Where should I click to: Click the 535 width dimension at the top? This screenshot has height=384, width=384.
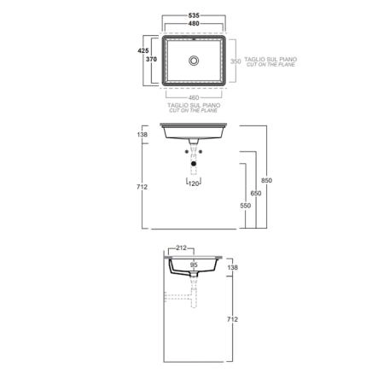click(x=194, y=15)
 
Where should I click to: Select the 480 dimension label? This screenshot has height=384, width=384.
click(x=194, y=24)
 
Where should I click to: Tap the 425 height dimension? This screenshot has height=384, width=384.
click(x=143, y=50)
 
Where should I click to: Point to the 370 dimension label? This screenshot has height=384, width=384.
click(x=151, y=59)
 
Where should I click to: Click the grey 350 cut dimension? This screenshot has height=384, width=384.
click(x=236, y=61)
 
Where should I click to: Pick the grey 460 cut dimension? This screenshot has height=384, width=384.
click(x=194, y=98)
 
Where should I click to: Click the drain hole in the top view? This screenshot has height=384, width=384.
click(x=194, y=61)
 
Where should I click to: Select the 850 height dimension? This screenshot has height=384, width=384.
click(x=266, y=180)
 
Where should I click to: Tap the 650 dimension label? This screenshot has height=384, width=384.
click(x=256, y=193)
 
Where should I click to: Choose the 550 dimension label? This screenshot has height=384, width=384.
click(x=245, y=206)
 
